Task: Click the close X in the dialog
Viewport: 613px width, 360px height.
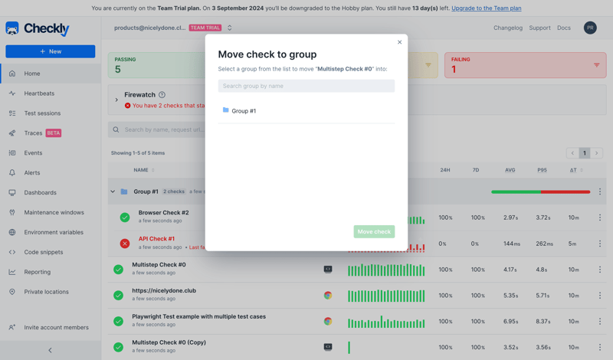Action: (399, 42)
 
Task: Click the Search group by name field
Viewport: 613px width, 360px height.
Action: (306, 86)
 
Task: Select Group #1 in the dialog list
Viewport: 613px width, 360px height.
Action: (244, 111)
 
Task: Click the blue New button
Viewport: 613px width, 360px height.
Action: (51, 51)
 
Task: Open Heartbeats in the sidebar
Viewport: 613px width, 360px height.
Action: (39, 93)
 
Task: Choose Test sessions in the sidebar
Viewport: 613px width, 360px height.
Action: (42, 113)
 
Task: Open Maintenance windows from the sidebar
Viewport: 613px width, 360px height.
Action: (54, 212)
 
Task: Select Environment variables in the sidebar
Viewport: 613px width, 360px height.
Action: (53, 232)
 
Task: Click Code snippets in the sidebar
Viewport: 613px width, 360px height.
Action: (43, 252)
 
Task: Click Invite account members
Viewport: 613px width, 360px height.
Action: (56, 327)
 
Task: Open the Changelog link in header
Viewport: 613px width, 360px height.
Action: (508, 28)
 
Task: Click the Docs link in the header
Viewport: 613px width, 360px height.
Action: (564, 28)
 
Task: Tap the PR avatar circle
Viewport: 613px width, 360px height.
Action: (590, 28)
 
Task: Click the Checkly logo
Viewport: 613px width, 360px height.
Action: (38, 28)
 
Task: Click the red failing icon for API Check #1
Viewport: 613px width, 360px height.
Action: (125, 244)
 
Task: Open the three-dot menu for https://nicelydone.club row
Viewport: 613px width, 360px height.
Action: (600, 296)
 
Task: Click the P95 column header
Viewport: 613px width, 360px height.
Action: (542, 170)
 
